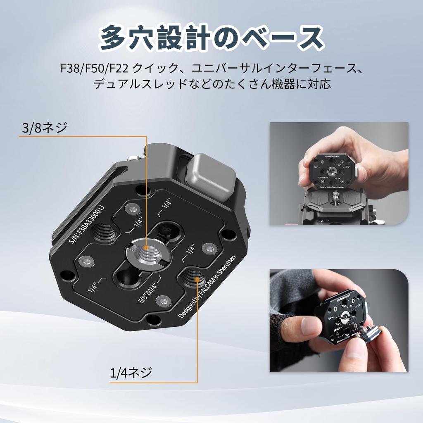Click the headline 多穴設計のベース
(211, 38)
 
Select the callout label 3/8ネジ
(44, 128)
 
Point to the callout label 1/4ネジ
(131, 373)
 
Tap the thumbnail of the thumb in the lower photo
(310, 326)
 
